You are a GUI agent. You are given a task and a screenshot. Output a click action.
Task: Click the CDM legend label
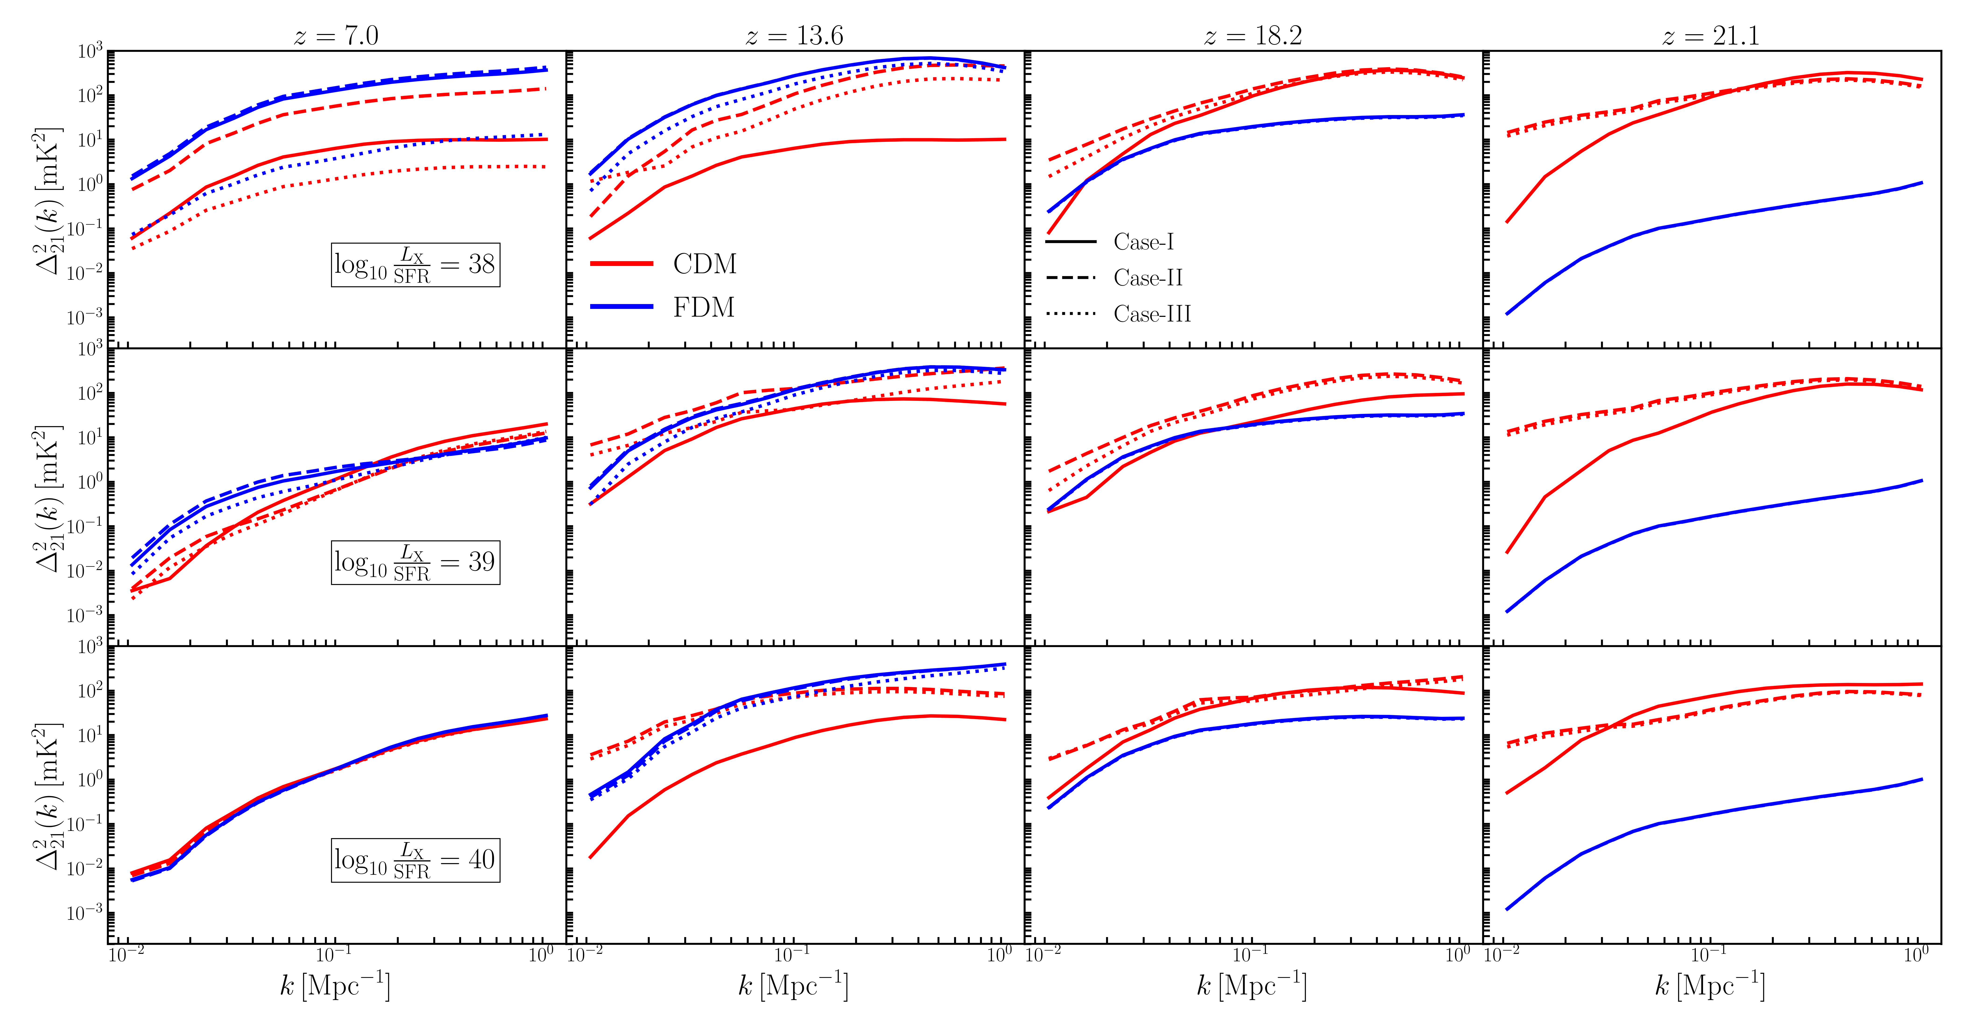[705, 264]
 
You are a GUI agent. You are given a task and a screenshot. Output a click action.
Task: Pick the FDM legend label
[703, 307]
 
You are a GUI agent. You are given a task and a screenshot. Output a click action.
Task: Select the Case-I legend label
[1143, 242]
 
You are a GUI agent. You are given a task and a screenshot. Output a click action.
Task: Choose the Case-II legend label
[1148, 278]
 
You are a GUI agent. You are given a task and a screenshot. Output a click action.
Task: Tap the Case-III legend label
[1152, 313]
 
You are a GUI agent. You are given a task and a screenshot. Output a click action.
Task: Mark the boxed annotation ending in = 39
[415, 562]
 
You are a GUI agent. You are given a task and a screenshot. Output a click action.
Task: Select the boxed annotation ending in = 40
[415, 860]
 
